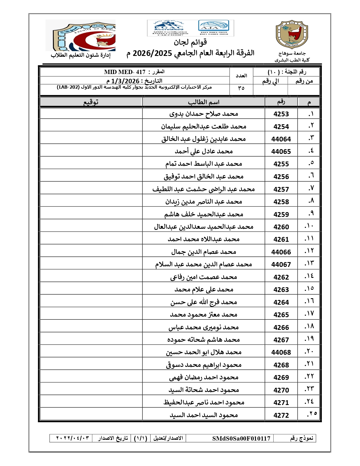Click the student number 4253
[x=281, y=114]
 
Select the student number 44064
[x=281, y=139]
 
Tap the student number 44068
[x=281, y=352]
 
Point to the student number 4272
[x=281, y=415]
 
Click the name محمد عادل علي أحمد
[x=204, y=151]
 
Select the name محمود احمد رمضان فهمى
[x=204, y=377]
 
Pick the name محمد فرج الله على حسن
[x=204, y=302]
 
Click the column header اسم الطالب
[x=204, y=102]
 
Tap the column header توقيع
[x=91, y=102]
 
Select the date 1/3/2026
[x=125, y=81]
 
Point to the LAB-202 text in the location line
[x=68, y=87]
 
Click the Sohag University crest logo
[x=292, y=34]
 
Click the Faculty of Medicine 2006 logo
[x=80, y=35]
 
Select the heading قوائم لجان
[x=190, y=42]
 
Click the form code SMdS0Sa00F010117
[x=241, y=438]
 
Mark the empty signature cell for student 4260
[x=91, y=227]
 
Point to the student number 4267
[x=281, y=340]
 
